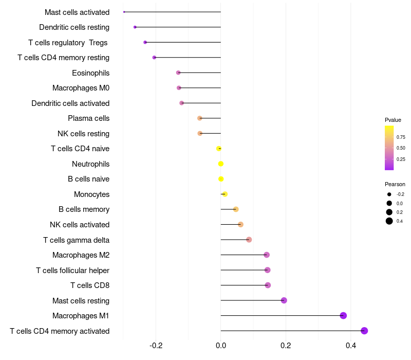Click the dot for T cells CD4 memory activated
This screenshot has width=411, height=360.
[364, 331]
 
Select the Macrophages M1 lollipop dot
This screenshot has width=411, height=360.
[343, 315]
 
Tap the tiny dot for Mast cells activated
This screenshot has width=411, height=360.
[124, 12]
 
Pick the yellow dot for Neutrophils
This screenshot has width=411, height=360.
[221, 164]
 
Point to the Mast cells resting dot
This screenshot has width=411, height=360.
[284, 300]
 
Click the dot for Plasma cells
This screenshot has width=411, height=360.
[200, 118]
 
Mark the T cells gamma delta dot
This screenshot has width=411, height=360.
[249, 240]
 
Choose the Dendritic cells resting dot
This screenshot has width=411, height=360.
[135, 27]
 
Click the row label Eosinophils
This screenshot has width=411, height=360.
[91, 73]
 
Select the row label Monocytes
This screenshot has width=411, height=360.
[92, 194]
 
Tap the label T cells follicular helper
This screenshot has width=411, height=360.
[72, 271]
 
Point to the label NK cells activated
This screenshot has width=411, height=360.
[80, 225]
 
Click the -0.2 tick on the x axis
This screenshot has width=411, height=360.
[156, 346]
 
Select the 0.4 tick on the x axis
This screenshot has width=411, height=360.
[351, 346]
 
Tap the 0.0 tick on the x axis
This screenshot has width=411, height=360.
[221, 346]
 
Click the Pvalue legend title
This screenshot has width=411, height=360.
[393, 120]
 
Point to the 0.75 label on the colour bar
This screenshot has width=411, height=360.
[401, 137]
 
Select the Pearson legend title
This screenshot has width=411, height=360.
[395, 184]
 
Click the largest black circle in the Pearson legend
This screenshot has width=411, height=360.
[389, 221]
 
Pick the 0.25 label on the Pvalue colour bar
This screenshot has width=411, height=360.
[401, 159]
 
